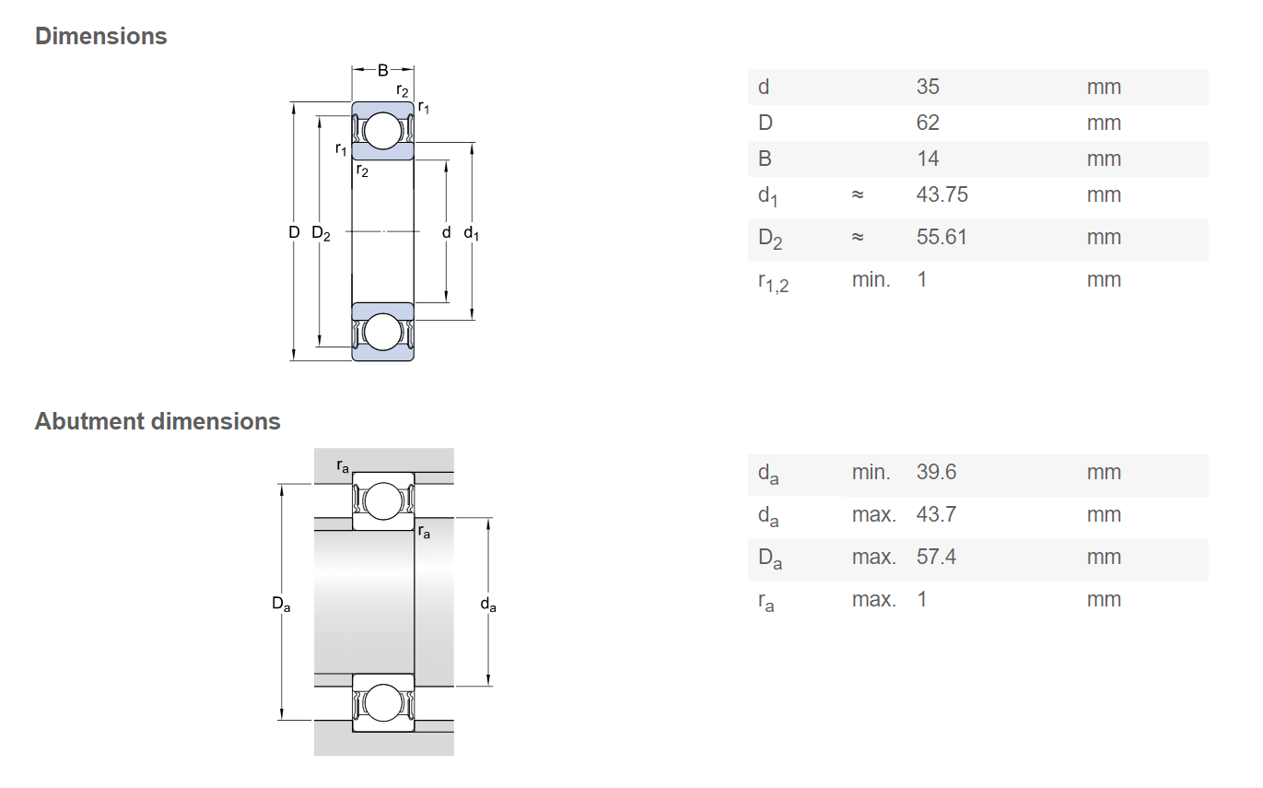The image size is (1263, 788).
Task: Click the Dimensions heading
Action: click(101, 36)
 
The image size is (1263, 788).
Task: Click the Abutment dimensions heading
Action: click(158, 421)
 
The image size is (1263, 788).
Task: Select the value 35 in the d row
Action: click(928, 87)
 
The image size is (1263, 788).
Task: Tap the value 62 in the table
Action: click(928, 123)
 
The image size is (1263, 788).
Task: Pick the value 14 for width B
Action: click(928, 159)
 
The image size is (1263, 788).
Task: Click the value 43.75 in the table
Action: click(941, 194)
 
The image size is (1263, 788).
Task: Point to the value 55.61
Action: click(941, 237)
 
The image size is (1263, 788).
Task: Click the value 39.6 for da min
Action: click(936, 472)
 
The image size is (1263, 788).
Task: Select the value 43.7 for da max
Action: click(936, 514)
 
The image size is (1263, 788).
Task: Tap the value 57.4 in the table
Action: click(936, 557)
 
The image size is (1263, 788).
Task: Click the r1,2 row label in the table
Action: click(773, 282)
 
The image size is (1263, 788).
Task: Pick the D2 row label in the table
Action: click(770, 239)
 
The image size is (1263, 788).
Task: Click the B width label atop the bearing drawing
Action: click(383, 71)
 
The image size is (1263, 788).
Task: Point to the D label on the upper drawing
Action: click(294, 232)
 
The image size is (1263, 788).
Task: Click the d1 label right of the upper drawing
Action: click(472, 233)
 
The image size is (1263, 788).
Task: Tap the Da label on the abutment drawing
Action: click(281, 604)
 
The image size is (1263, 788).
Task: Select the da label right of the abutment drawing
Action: click(488, 605)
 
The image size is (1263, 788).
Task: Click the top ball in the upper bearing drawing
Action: click(383, 131)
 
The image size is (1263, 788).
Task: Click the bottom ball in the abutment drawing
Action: click(383, 703)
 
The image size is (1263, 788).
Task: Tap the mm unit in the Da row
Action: click(1104, 557)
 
